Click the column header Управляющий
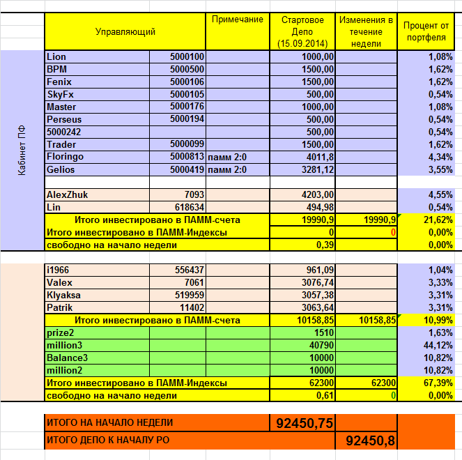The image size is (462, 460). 125,31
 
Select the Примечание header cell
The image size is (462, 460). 238,20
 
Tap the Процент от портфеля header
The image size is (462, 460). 426,31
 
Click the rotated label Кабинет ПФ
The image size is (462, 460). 22,150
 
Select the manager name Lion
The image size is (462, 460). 56,56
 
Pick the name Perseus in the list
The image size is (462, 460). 64,119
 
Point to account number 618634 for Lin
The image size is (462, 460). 189,207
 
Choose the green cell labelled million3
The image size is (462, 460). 65,345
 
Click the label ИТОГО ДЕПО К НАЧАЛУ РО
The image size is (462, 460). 109,440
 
